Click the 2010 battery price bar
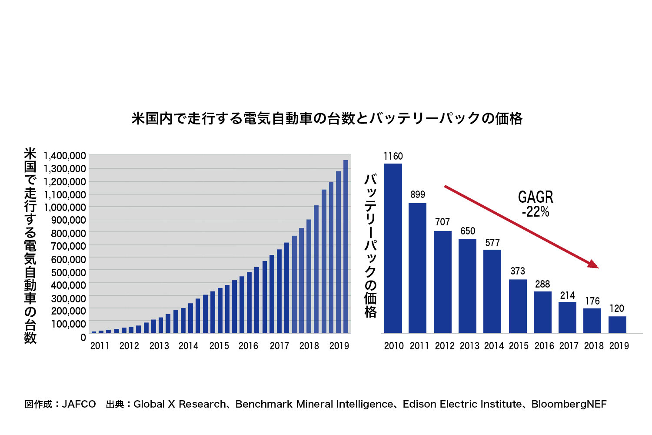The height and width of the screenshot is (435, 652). (x=393, y=248)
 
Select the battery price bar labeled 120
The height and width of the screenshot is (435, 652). (x=617, y=325)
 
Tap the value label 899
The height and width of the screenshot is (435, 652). (x=418, y=194)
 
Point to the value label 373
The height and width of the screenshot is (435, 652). (x=518, y=271)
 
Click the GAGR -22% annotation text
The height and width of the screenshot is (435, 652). (x=536, y=204)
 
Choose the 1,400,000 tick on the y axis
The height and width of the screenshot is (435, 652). (x=65, y=156)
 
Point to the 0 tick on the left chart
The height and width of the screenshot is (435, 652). (x=83, y=338)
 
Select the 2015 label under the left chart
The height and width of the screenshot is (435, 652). (x=219, y=346)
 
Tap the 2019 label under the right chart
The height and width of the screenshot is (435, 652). (x=619, y=346)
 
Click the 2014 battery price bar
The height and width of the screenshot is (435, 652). (x=492, y=291)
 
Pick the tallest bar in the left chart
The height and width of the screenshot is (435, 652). (x=346, y=246)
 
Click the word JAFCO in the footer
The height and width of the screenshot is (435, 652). (x=79, y=404)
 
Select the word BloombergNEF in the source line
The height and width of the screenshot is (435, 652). (x=569, y=404)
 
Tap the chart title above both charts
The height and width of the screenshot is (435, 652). (x=327, y=118)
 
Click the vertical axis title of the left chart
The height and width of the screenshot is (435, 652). (x=30, y=246)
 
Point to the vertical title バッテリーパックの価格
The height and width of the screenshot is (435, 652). (x=370, y=246)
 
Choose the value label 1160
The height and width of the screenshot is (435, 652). (x=393, y=156)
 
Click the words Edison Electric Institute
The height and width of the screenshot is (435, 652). (x=462, y=404)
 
